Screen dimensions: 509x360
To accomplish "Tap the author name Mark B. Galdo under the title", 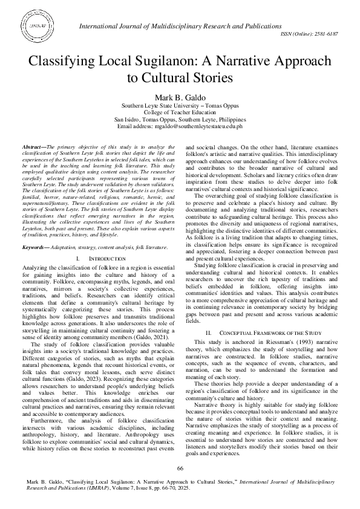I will pyautogui.click(x=180, y=97).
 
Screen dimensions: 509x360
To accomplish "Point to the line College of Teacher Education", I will pyautogui.click(x=180, y=112).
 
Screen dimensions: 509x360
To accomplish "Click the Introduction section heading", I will pyautogui.click(x=107, y=259).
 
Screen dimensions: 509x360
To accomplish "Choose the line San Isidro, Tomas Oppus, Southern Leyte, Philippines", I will pyautogui.click(x=180, y=119).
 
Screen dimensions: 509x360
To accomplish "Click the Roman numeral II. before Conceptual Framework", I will pyautogui.click(x=208, y=332).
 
